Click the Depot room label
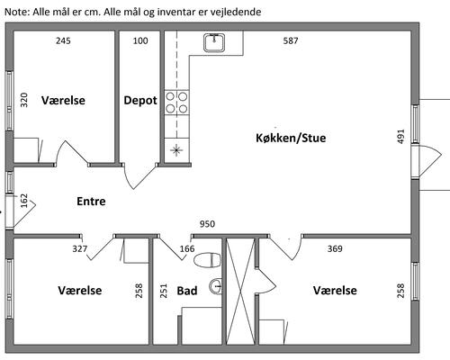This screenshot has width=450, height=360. (140, 101)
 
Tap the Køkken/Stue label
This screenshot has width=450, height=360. (291, 138)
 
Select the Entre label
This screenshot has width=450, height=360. (91, 201)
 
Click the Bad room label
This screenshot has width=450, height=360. (187, 291)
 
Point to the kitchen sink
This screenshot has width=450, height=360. (214, 43)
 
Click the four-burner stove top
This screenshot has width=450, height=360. (176, 103)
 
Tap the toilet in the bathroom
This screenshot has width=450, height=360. (207, 260)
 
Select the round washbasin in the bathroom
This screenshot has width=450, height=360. (216, 286)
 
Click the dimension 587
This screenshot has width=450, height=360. (291, 40)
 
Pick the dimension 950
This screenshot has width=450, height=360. (207, 224)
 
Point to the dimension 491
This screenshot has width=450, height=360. (400, 137)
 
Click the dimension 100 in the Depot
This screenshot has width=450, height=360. (140, 40)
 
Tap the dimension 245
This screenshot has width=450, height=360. (63, 40)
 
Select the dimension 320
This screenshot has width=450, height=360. (23, 100)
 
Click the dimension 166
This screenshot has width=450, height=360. (187, 248)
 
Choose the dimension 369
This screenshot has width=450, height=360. (335, 248)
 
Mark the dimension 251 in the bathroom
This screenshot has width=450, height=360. (164, 291)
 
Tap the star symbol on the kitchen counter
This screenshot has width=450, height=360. (176, 149)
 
